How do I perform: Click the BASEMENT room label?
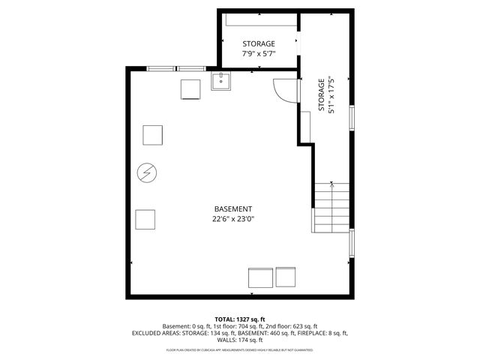[x=232, y=208]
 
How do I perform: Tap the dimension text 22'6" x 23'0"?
[x=232, y=219]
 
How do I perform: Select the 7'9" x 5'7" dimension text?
[x=258, y=54]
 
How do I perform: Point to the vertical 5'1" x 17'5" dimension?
[x=331, y=94]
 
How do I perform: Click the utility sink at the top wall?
[x=221, y=82]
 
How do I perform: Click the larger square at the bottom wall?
[x=261, y=277]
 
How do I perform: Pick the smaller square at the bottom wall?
[x=286, y=276]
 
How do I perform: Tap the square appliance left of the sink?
[x=191, y=89]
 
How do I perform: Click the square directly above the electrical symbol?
[x=154, y=135]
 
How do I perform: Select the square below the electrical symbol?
[x=145, y=220]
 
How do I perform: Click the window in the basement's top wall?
[x=176, y=68]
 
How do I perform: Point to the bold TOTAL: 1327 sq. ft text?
[x=240, y=319]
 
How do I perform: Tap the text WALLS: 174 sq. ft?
[x=240, y=340]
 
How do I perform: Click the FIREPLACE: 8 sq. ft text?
[x=323, y=333]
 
